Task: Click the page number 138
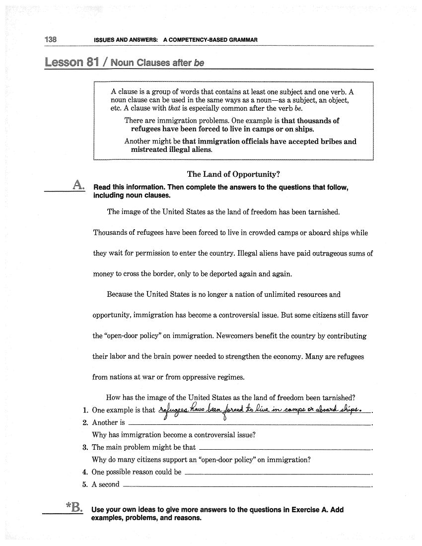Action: [51, 39]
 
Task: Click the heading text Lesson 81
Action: [70, 63]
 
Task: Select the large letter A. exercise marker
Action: [78, 186]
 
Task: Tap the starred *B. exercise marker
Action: [74, 507]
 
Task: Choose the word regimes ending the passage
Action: [230, 377]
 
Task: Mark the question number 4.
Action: [85, 472]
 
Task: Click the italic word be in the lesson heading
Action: [199, 63]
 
